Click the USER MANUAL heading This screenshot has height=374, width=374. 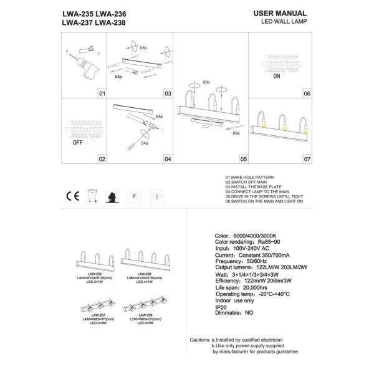[x=280, y=13]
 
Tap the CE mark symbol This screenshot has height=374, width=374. [x=72, y=195]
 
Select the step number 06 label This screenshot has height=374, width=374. [x=306, y=93]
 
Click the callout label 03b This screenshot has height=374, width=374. [x=143, y=47]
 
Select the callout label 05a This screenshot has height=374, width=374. [x=236, y=133]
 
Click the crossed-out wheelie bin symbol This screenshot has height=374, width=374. [x=94, y=195]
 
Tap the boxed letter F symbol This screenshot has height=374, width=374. [x=134, y=195]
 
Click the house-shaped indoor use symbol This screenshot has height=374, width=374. [x=113, y=195]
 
